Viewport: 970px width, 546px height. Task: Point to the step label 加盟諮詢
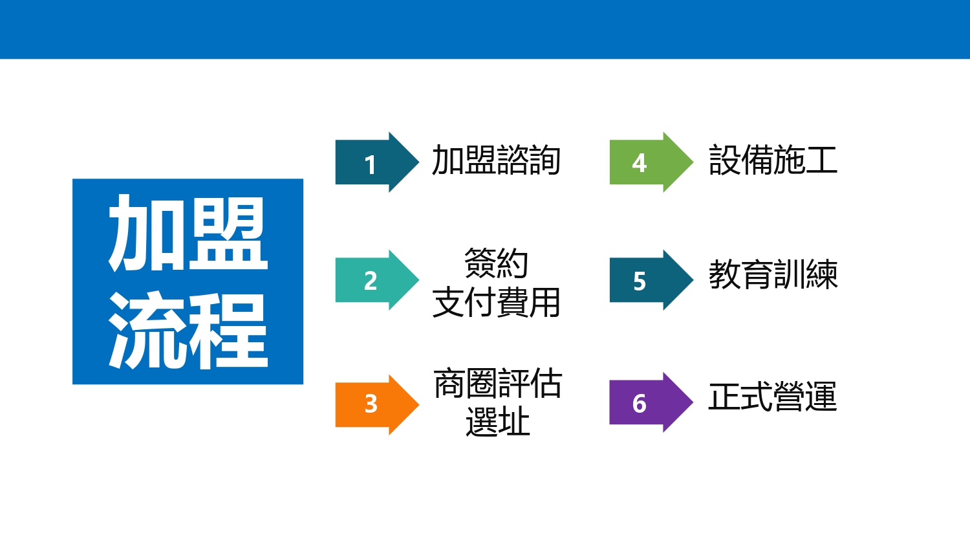(496, 160)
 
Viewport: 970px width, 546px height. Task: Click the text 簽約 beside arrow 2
(496, 263)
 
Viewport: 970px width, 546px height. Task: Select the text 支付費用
(496, 302)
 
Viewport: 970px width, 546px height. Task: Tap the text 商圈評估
(497, 384)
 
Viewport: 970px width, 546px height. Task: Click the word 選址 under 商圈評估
(497, 421)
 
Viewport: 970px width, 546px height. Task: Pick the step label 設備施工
(773, 160)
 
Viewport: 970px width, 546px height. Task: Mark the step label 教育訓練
(773, 274)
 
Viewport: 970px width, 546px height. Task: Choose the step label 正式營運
(773, 396)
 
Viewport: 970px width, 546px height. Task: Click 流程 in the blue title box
(188, 330)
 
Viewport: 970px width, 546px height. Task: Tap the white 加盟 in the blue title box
(188, 233)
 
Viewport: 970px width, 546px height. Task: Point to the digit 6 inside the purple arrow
(639, 404)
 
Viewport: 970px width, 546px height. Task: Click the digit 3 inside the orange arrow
(371, 404)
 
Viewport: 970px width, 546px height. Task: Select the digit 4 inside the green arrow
(639, 164)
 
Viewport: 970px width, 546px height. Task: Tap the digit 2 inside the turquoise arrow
(371, 281)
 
